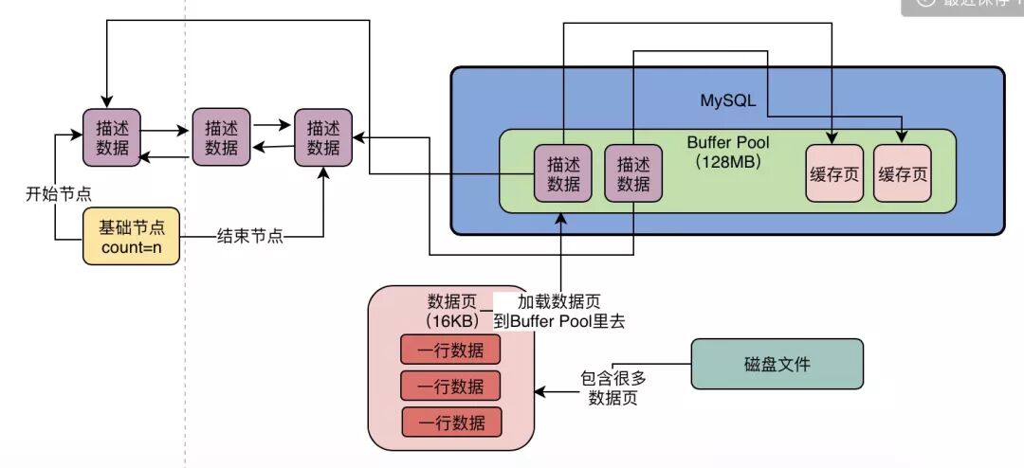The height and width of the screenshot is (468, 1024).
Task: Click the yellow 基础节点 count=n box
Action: [x=132, y=237]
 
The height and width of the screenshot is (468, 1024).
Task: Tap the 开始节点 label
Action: [x=58, y=193]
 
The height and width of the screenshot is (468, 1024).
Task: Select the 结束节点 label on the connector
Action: [x=250, y=236]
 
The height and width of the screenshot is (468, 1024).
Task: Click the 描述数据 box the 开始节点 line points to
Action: [x=112, y=137]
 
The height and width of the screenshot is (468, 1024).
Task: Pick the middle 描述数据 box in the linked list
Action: [x=221, y=137]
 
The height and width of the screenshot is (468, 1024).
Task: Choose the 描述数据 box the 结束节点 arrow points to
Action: [x=323, y=137]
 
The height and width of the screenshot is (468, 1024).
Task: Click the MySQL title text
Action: [x=726, y=100]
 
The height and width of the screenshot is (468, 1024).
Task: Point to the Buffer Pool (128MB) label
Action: [x=728, y=153]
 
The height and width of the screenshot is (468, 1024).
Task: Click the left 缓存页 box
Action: [x=835, y=174]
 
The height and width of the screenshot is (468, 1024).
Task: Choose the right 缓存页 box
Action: [x=903, y=174]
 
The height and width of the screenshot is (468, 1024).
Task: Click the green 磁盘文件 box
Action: [x=777, y=364]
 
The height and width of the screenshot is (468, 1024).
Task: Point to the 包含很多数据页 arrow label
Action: [x=613, y=387]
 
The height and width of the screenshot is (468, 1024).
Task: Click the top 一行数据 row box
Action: [x=451, y=351]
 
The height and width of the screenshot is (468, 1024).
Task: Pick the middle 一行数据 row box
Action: [x=451, y=386]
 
